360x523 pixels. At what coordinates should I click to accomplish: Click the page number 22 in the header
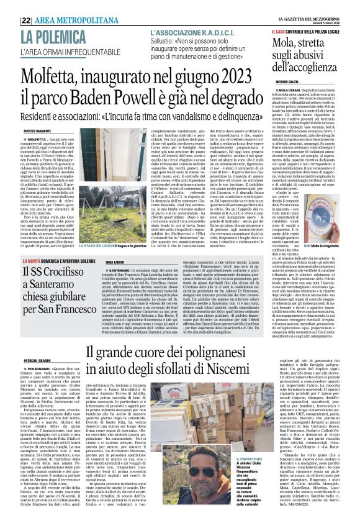(x=26, y=5)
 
